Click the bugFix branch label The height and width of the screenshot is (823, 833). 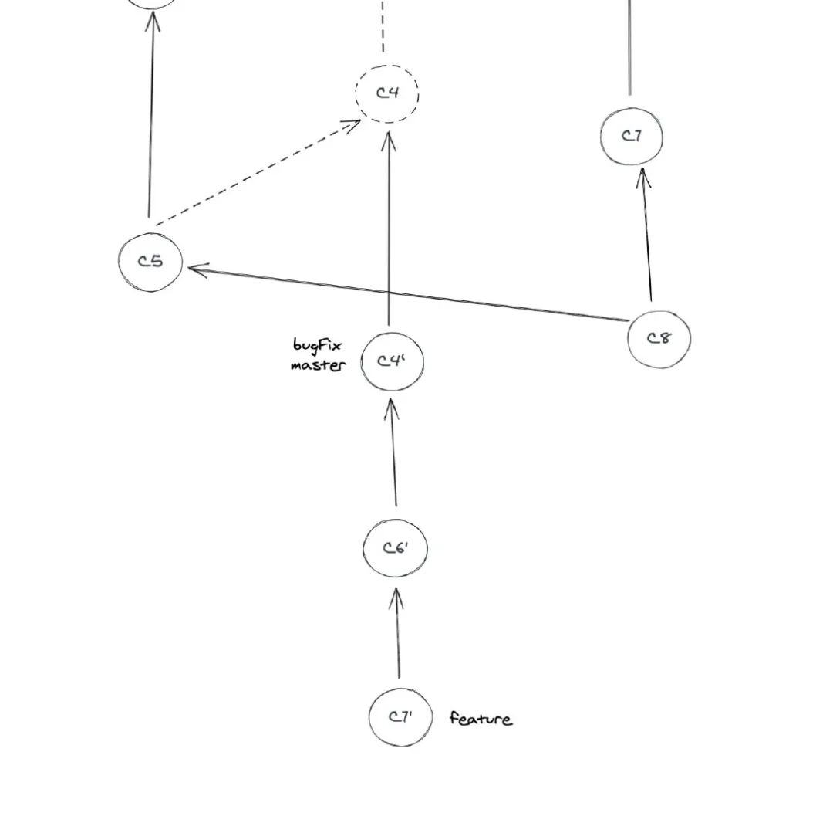point(318,346)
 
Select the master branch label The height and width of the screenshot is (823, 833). point(319,365)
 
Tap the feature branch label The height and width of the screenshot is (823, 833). point(481,719)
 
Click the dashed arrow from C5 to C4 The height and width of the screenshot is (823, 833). point(258,173)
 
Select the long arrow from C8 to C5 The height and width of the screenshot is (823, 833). point(408,293)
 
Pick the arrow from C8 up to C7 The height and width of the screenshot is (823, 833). point(646,235)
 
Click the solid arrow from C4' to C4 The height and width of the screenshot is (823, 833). point(389,229)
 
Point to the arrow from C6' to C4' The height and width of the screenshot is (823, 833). point(393,452)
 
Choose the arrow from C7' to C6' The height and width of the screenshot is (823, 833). point(397,632)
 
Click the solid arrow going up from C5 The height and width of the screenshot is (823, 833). point(151,114)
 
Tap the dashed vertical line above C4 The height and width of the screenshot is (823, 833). point(383,25)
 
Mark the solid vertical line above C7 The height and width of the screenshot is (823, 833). point(630,48)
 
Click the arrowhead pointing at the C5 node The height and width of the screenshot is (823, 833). point(197,269)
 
